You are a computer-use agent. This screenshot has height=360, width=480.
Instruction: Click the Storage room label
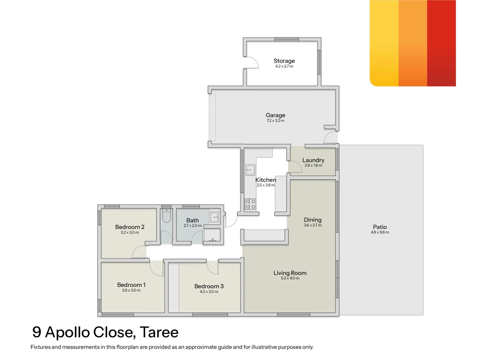(x=284, y=61)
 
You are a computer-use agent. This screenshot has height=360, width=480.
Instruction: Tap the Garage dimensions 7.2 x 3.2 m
(x=275, y=121)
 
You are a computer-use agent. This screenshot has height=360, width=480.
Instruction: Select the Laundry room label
(x=313, y=160)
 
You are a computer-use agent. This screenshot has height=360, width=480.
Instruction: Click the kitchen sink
(x=250, y=170)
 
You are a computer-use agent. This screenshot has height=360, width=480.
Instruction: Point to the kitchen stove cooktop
(x=250, y=204)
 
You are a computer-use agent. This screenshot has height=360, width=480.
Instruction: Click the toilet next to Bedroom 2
(x=166, y=216)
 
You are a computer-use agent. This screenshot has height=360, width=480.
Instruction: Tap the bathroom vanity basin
(x=214, y=217)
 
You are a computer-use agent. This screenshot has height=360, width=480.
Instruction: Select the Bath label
(x=192, y=220)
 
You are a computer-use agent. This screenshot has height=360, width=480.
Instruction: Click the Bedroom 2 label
(x=130, y=227)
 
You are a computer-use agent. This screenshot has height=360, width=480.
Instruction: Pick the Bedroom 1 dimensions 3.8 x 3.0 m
(x=131, y=290)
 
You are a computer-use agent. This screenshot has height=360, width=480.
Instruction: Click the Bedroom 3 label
(x=209, y=286)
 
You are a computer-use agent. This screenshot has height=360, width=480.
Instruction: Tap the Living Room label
(x=290, y=273)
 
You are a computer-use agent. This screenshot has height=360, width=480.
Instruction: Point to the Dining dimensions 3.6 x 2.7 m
(x=313, y=225)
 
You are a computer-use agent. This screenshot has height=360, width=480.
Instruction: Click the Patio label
(x=380, y=227)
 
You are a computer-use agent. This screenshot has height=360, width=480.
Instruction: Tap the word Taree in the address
(x=159, y=332)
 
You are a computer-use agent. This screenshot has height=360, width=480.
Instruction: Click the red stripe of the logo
(x=441, y=43)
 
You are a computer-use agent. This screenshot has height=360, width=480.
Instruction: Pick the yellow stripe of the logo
(x=384, y=43)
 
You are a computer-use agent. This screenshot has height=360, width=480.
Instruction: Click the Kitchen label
(x=266, y=180)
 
